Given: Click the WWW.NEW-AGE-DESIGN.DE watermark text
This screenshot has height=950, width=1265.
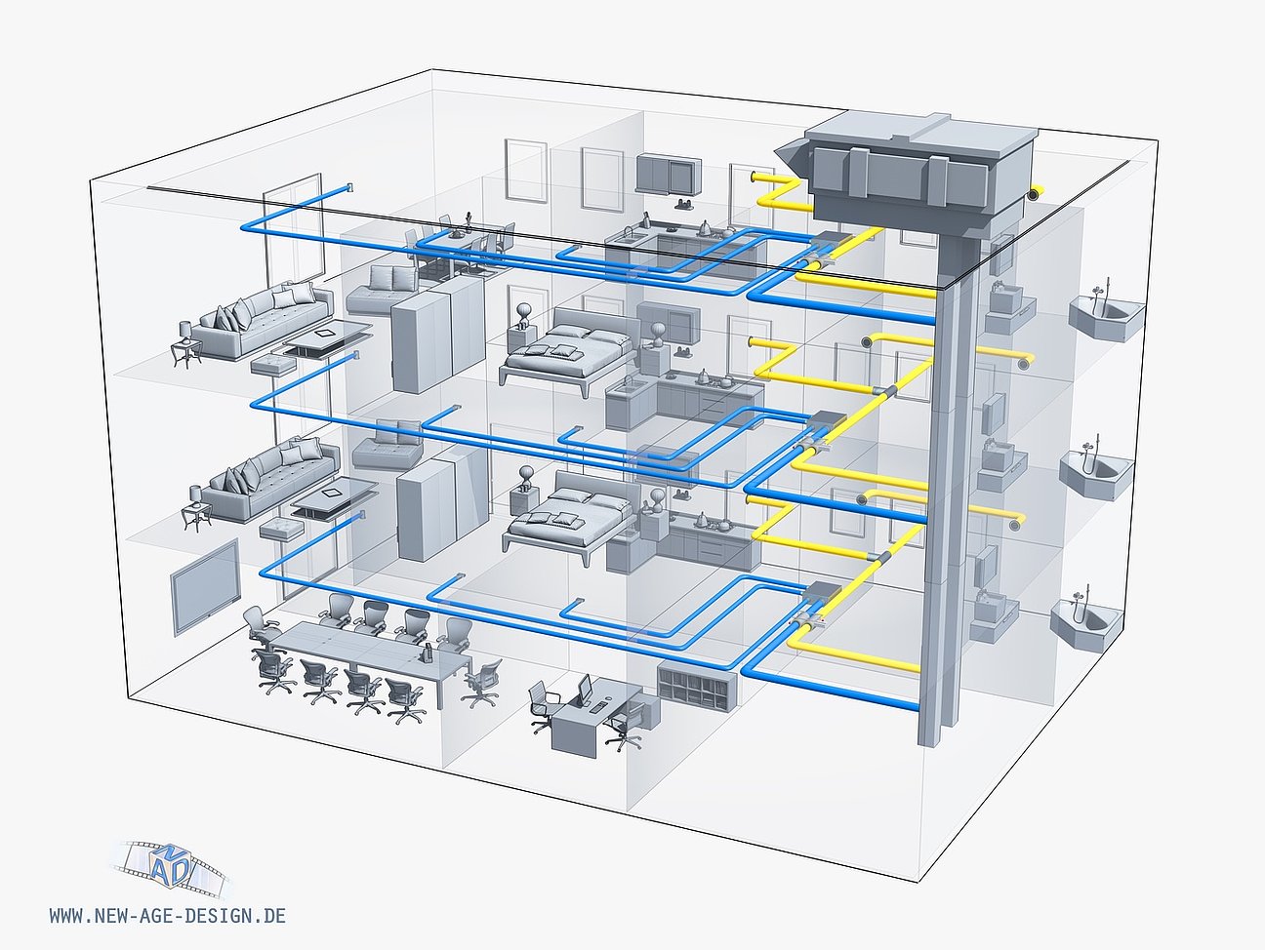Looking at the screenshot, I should (167, 916).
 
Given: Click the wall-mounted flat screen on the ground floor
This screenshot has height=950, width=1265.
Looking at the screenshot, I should (204, 585).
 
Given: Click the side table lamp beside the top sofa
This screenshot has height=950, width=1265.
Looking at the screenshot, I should (183, 348).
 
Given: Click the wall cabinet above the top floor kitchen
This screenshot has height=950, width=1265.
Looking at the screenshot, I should (669, 174).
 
